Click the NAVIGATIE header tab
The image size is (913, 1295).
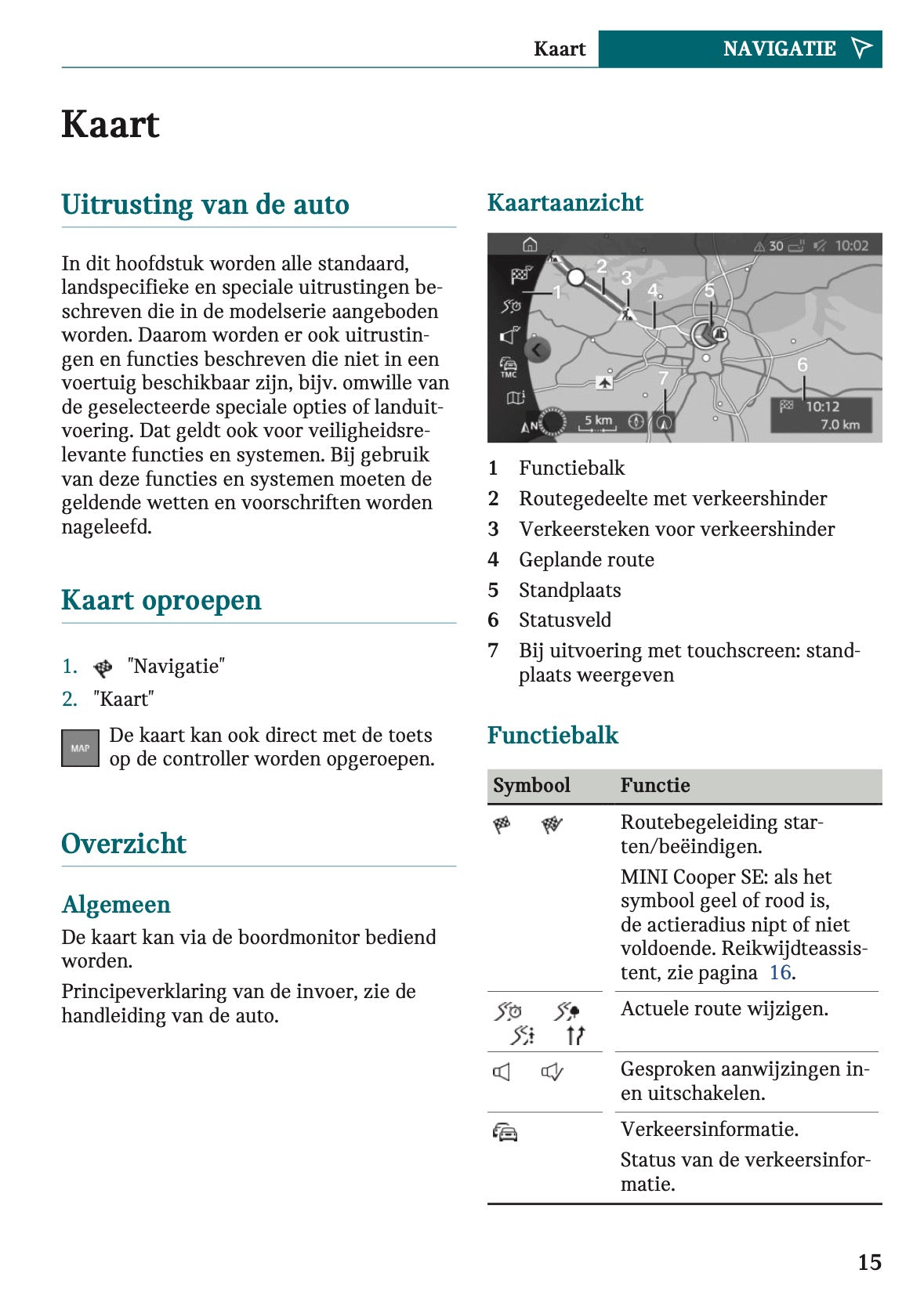(779, 49)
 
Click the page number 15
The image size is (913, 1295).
(869, 1261)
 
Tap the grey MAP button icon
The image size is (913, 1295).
(80, 748)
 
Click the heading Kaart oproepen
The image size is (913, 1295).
(161, 600)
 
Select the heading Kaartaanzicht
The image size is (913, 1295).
(564, 203)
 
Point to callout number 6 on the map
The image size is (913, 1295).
(802, 365)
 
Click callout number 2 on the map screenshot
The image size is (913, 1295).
(602, 266)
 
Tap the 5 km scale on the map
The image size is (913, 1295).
(598, 421)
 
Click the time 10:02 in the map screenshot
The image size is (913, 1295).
(851, 246)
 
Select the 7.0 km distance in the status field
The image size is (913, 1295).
(839, 425)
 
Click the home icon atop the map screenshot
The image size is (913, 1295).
(530, 245)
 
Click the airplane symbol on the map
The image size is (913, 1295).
(604, 382)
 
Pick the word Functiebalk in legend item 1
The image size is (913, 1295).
(571, 468)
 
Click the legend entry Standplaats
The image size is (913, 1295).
(570, 591)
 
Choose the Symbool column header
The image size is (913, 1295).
(531, 786)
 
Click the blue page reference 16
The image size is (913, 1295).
(780, 973)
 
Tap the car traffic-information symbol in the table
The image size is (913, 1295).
(505, 1132)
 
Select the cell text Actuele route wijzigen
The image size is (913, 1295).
(724, 1009)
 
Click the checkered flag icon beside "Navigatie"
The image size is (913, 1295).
(103, 667)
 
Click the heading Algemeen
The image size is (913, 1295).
(116, 905)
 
